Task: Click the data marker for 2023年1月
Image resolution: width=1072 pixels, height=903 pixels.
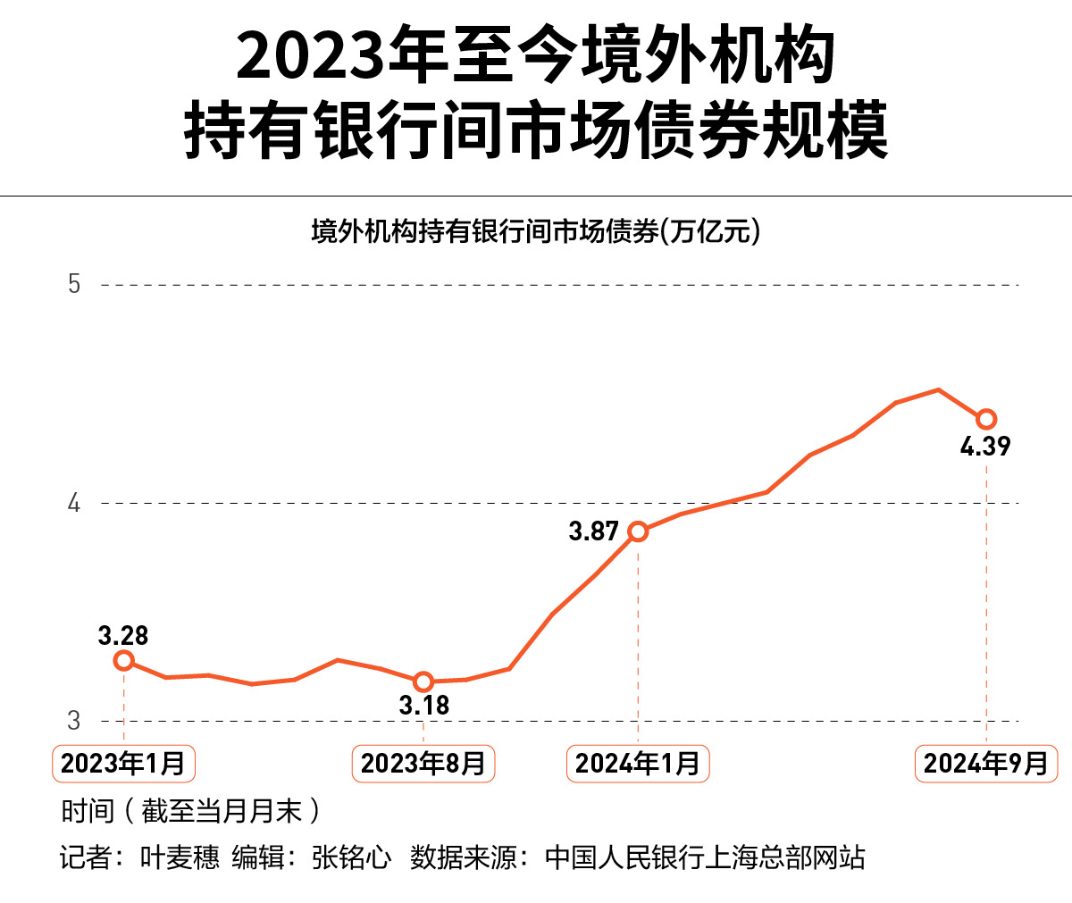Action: tap(124, 661)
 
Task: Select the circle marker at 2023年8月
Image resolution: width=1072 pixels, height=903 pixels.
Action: tap(423, 682)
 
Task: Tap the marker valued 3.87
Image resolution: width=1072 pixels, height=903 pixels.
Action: tap(638, 531)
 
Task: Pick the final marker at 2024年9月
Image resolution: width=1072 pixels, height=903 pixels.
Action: tap(986, 419)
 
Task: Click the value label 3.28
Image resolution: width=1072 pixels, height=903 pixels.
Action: tap(123, 636)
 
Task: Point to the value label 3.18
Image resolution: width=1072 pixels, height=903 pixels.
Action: tap(423, 706)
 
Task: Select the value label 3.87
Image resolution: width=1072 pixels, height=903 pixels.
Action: tap(593, 531)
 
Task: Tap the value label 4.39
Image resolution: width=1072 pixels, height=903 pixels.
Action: tap(985, 447)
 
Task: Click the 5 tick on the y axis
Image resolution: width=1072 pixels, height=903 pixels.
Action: tap(74, 284)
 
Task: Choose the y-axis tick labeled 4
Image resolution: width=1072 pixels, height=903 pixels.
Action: tap(74, 503)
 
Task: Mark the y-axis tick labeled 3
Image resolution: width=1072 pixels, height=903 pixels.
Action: tap(74, 720)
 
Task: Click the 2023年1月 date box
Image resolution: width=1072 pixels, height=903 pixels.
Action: tap(123, 764)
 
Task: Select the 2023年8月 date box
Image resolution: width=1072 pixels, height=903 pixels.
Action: tap(423, 764)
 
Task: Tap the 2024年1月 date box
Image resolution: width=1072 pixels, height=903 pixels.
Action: tap(638, 764)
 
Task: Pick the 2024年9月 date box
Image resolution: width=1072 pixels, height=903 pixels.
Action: tap(986, 764)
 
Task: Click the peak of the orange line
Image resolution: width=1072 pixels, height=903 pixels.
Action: tap(938, 389)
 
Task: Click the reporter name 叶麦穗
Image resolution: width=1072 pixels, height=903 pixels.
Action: tap(180, 857)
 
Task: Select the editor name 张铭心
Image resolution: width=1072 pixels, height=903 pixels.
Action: tap(352, 857)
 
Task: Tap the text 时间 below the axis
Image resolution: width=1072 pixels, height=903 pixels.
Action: tap(88, 811)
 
